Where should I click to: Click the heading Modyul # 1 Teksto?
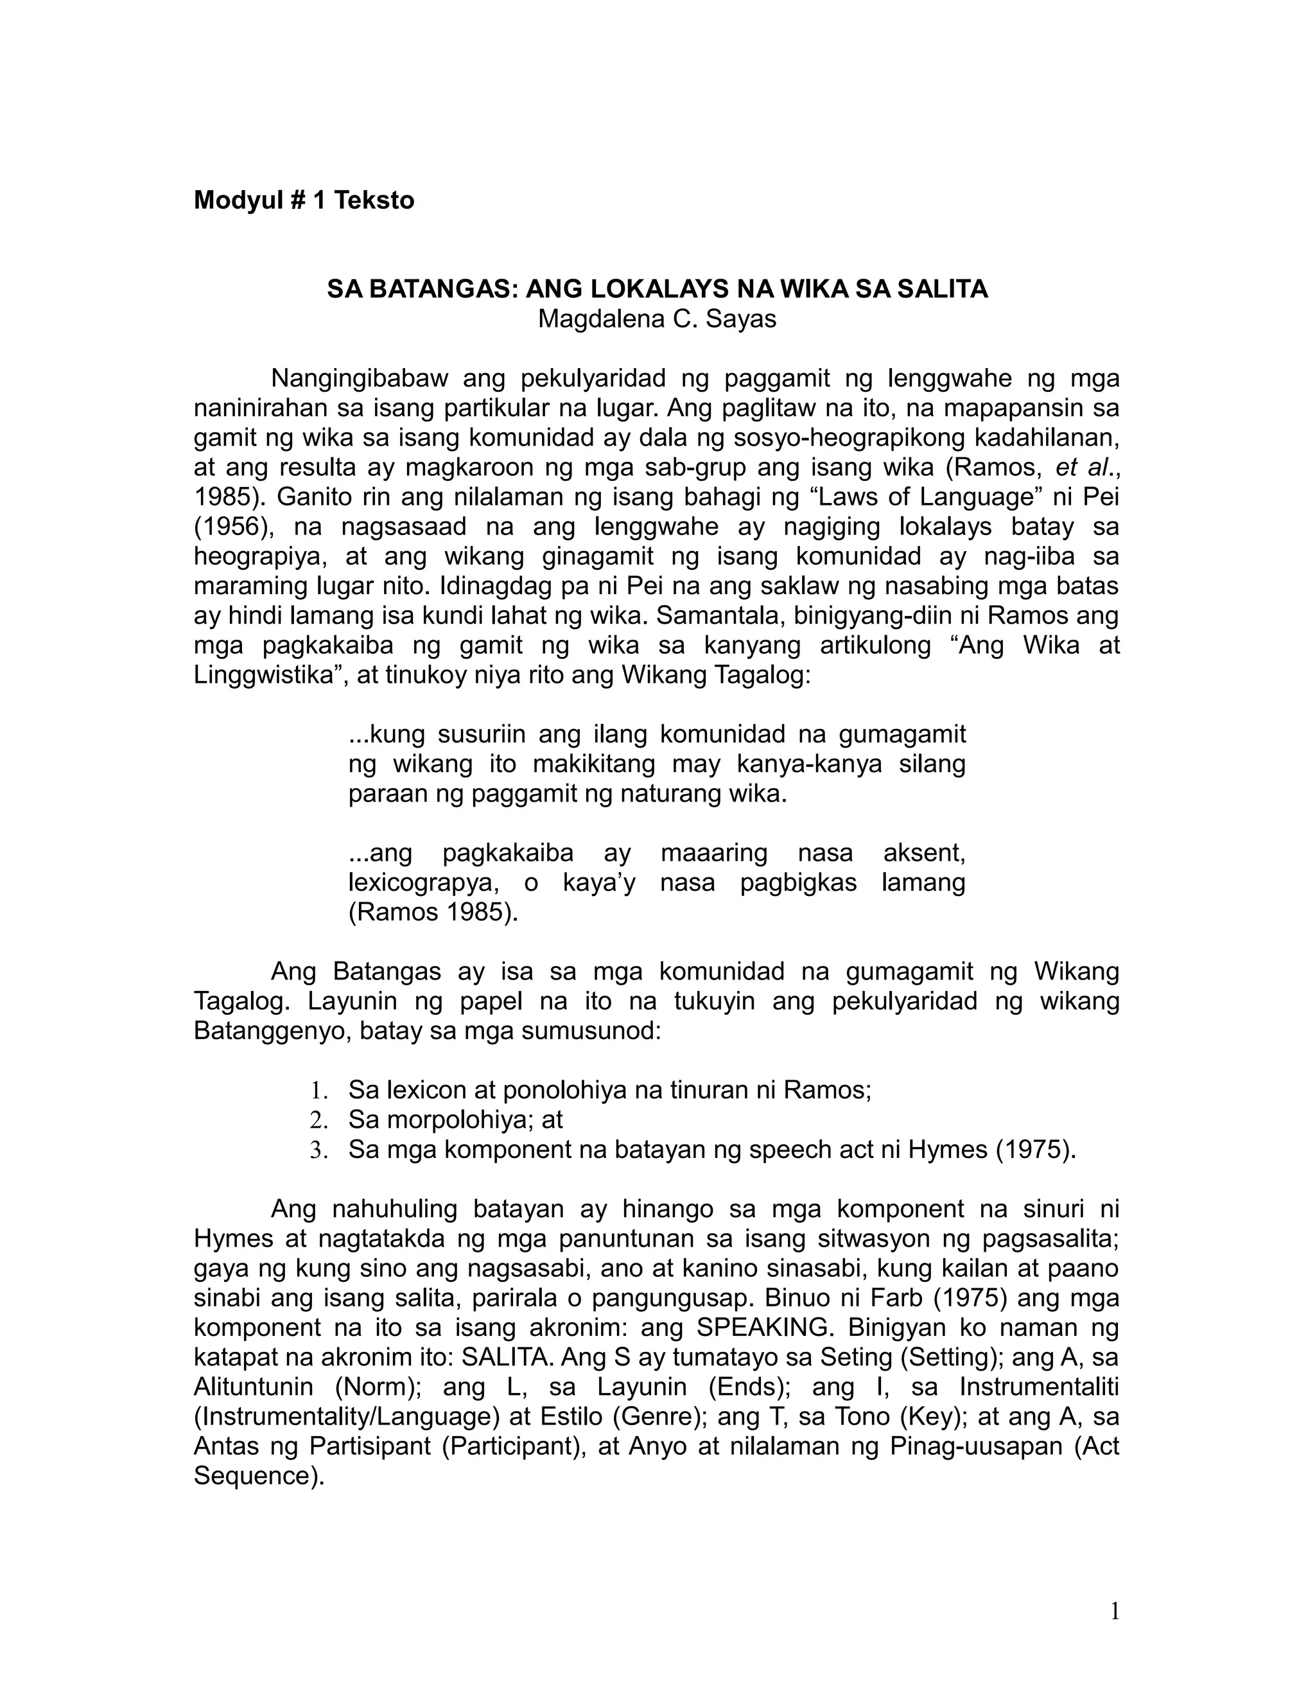click(304, 200)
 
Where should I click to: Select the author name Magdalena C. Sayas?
click(657, 319)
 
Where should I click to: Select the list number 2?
click(317, 1121)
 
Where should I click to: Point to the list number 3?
click(317, 1150)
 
